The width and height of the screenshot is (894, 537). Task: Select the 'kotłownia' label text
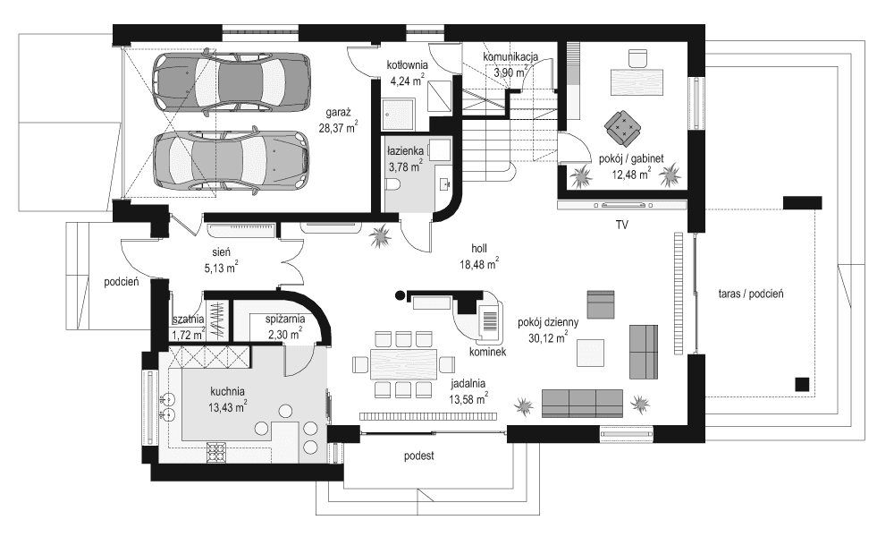tap(408, 66)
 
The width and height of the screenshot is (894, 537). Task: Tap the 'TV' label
tap(621, 226)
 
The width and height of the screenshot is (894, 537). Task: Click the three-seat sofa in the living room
tap(582, 403)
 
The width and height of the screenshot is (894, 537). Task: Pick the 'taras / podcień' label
tap(751, 293)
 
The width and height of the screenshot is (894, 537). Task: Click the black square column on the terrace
tap(802, 384)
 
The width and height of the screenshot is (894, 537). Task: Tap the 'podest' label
tap(418, 456)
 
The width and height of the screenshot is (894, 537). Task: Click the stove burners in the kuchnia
tap(216, 453)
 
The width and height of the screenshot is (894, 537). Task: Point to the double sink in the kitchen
tap(166, 406)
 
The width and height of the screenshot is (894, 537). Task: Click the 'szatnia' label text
tap(189, 319)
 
